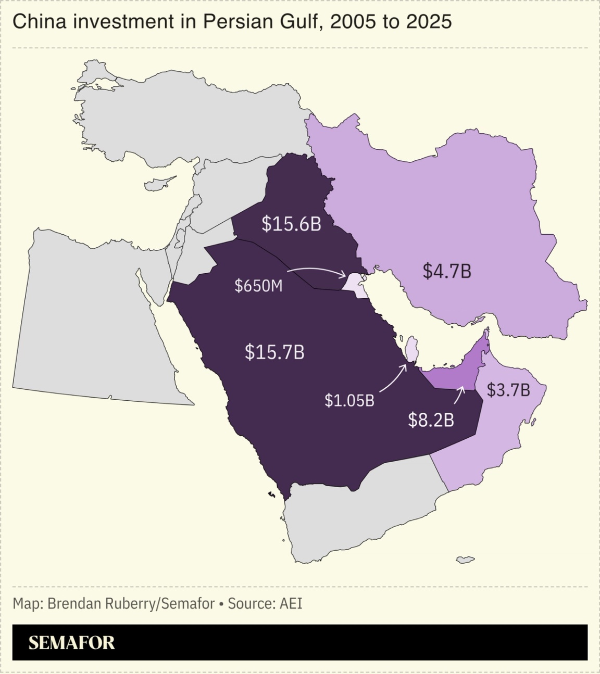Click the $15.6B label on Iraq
click(291, 224)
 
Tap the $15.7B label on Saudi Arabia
click(274, 352)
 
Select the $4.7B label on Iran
click(446, 271)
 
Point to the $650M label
click(258, 286)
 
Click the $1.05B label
click(349, 400)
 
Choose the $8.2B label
click(431, 420)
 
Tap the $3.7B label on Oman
click(508, 390)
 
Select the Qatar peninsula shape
click(411, 349)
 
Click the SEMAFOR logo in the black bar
click(71, 643)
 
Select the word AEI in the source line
click(291, 604)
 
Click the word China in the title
click(34, 22)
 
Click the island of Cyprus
click(158, 183)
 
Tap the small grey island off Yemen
click(465, 560)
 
